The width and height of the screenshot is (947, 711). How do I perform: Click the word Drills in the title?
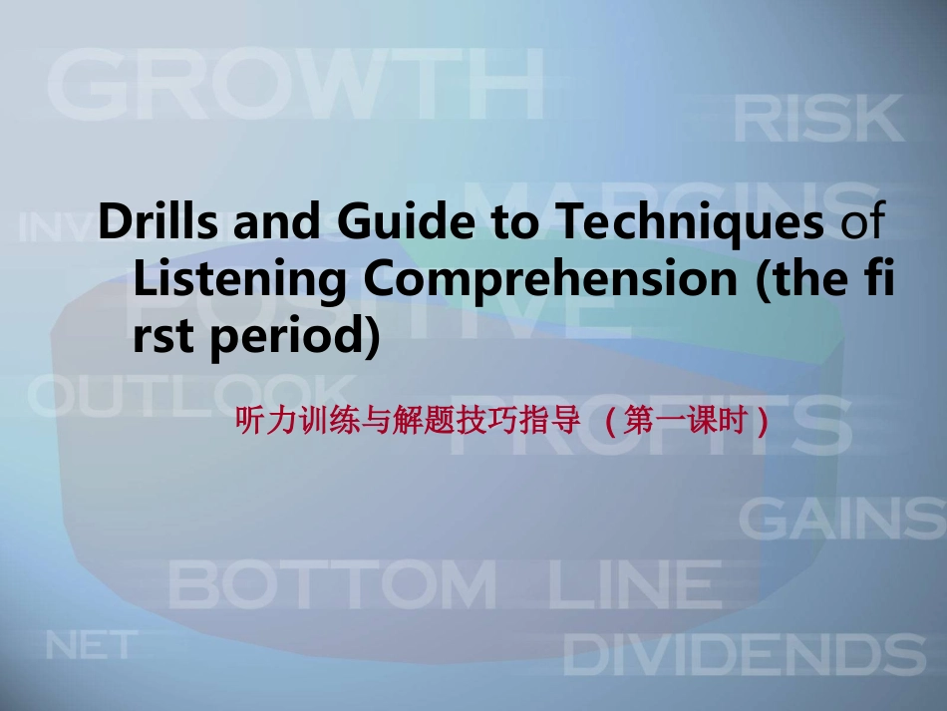(159, 222)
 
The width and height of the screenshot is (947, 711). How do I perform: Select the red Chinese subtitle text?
(503, 423)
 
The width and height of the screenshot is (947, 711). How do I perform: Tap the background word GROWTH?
(295, 85)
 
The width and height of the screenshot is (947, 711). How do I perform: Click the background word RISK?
(818, 120)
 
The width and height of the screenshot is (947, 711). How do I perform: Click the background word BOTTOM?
(332, 584)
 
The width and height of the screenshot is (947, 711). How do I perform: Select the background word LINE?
(634, 584)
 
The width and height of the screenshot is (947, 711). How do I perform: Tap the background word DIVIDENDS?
(745, 656)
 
